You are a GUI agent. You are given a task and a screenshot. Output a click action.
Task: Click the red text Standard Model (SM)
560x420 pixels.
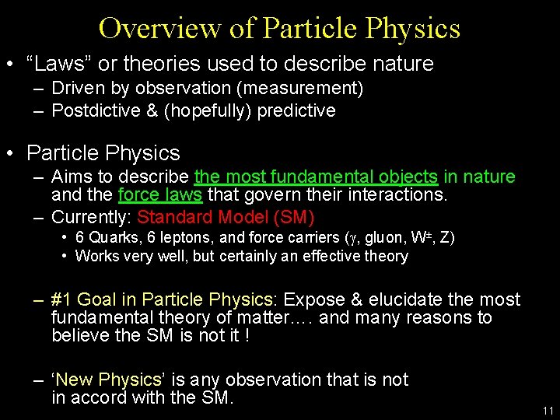click(x=226, y=217)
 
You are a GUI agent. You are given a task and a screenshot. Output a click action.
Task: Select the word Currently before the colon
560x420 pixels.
click(x=89, y=217)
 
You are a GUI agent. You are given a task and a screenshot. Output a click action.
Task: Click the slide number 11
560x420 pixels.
click(x=548, y=411)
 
